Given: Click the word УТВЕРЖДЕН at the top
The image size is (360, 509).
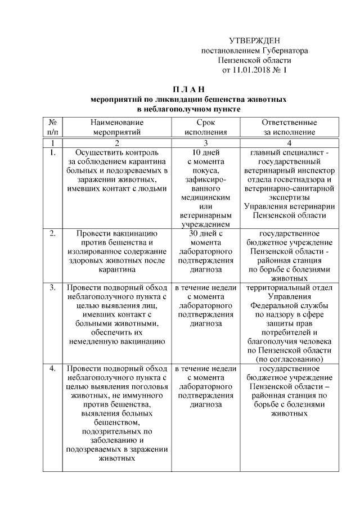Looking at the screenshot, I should click(x=254, y=40).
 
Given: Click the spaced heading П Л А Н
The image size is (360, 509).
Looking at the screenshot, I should click(x=188, y=88).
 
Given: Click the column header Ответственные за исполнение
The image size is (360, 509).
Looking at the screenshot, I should click(x=289, y=127).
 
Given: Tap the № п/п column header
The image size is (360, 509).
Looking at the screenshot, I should click(x=52, y=127).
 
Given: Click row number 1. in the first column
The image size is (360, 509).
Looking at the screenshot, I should click(x=52, y=152).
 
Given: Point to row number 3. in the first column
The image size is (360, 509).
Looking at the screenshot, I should click(x=52, y=287).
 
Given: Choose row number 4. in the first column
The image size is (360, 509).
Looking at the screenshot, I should click(x=52, y=368).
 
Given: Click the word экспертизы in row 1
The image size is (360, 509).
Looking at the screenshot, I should click(x=289, y=197).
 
